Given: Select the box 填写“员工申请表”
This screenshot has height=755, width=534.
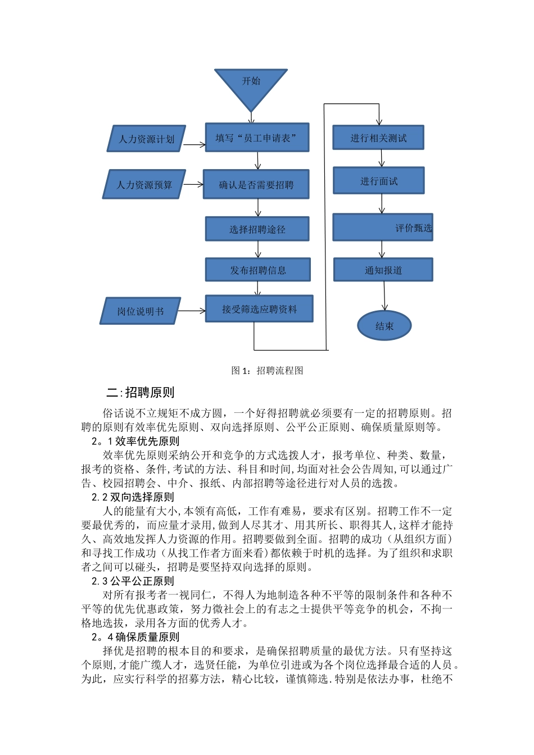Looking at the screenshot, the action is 257,138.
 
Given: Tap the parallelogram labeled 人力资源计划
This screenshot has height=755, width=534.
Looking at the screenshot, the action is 146,139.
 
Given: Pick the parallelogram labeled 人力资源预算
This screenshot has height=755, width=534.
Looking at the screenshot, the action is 144,185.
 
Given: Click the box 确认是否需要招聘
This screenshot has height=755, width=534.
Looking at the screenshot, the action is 256,184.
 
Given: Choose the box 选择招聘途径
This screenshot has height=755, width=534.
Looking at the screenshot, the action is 257,229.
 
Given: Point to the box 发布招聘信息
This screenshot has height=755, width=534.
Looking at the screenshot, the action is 257,270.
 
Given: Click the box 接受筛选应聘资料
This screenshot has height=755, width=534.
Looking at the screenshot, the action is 259,309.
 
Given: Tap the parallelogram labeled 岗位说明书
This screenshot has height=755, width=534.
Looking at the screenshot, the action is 140,311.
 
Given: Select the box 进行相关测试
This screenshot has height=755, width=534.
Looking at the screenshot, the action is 378,138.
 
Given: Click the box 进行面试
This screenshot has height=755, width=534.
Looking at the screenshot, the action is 378,181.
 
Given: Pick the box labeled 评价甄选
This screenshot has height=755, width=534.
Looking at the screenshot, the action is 383,228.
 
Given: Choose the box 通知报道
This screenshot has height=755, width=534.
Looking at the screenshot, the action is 383,270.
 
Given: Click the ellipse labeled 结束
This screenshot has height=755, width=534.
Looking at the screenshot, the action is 384,326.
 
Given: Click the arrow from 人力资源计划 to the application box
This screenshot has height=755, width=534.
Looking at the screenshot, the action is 194,145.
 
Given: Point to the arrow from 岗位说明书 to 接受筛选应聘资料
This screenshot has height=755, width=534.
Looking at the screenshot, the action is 192,311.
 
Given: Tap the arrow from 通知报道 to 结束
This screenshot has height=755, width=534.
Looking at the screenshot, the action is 384,295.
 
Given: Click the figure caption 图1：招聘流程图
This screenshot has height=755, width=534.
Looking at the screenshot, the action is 268,370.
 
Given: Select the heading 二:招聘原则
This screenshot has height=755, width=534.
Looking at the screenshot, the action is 141,392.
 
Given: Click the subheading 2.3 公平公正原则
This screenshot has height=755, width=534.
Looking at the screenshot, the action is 133,581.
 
